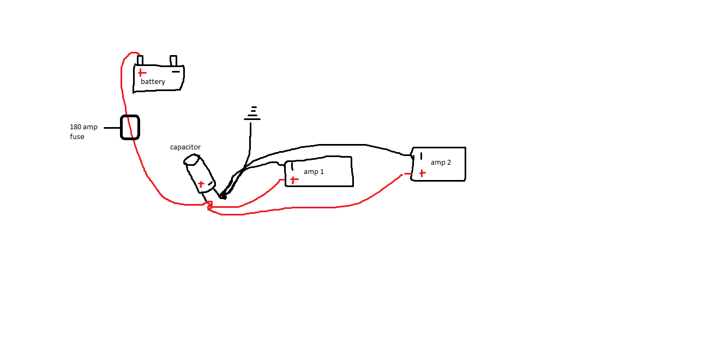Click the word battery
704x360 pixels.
[153, 82]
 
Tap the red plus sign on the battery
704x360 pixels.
[142, 73]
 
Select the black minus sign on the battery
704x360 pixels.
[176, 71]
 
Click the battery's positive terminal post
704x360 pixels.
[140, 60]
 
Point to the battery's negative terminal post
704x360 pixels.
[173, 61]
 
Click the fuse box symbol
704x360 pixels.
[130, 127]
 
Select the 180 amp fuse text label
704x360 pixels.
[83, 132]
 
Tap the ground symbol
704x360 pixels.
[252, 113]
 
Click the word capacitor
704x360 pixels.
[185, 147]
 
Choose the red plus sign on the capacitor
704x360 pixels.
[201, 184]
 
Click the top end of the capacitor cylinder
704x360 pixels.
[191, 160]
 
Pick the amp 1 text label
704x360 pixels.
[314, 172]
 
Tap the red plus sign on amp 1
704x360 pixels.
[294, 179]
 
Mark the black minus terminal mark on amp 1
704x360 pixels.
[292, 166]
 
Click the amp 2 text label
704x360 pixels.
[441, 163]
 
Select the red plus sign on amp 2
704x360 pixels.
[423, 173]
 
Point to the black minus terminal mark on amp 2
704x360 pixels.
[421, 156]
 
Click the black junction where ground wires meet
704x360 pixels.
[223, 196]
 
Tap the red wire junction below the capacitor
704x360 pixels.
[209, 206]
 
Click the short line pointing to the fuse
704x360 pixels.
[112, 128]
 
